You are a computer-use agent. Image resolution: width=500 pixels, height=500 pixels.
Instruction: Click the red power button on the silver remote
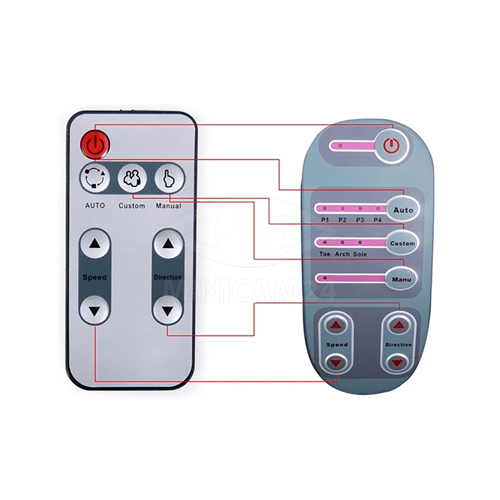pos(95,144)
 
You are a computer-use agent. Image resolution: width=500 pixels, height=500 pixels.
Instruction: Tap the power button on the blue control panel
pos(392,146)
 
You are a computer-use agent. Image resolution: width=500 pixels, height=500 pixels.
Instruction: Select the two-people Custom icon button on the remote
pos(132,178)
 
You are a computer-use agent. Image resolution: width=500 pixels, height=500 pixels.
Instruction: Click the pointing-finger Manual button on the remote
pos(170,178)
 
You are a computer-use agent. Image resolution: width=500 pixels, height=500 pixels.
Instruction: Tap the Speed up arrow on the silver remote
pos(95,244)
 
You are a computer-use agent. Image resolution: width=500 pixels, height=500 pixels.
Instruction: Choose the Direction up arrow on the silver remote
pos(168,244)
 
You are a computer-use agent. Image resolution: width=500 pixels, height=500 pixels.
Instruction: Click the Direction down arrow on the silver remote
pos(168,310)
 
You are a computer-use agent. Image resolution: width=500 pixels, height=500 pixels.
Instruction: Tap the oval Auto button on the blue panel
pos(402,210)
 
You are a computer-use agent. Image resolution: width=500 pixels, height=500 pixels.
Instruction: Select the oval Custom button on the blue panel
pos(402,243)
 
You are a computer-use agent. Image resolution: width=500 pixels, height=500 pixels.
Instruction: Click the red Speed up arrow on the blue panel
pos(336,325)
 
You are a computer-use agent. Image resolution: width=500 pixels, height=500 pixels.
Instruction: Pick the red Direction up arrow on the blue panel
pos(398,325)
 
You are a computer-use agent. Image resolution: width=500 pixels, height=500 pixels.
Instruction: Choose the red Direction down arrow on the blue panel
pos(397,362)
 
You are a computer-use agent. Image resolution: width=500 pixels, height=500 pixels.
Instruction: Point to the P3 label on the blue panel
pos(360,220)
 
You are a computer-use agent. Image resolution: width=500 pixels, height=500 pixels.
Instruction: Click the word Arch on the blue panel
pos(342,254)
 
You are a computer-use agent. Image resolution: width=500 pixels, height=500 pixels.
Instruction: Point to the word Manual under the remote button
pos(168,206)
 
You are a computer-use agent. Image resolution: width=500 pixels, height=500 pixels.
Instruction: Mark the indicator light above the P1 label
pos(325,208)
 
